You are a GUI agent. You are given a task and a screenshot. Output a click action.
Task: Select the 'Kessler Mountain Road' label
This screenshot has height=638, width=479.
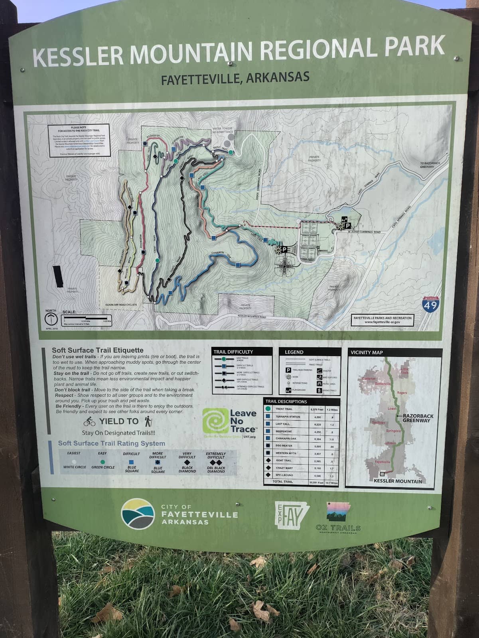252,316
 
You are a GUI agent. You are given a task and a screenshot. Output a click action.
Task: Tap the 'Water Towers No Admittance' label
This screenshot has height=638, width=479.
223,130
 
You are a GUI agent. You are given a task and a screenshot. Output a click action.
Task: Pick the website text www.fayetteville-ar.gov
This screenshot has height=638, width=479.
382,322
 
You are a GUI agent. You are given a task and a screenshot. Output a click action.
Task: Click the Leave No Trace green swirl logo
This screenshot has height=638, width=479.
215,421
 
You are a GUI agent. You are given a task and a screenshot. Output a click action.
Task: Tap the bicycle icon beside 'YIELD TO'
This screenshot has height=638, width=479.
89,421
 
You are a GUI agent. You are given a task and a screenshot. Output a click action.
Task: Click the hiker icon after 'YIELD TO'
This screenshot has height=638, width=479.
148,421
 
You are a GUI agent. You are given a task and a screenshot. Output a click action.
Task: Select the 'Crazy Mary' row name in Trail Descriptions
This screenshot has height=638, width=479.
284,468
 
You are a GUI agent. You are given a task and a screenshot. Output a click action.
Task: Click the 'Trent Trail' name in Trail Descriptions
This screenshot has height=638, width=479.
284,409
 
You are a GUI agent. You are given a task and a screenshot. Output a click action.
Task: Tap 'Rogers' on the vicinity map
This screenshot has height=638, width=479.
402,393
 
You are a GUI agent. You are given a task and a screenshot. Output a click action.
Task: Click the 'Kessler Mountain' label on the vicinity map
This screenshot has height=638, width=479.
398,481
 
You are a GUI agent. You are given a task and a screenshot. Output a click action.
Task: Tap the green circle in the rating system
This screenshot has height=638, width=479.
103,462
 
